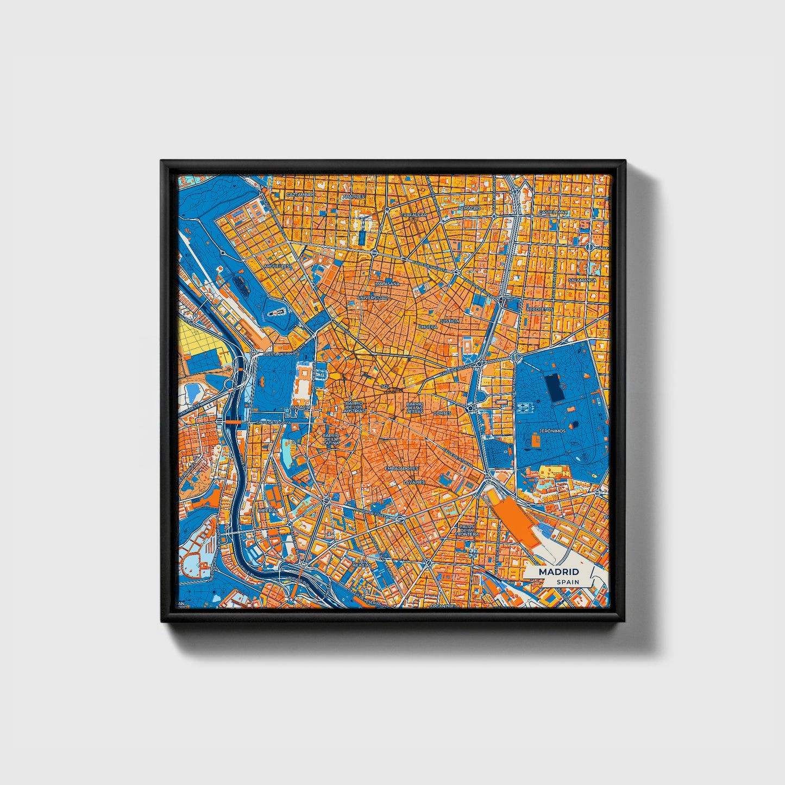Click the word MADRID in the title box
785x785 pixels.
[x=558, y=572]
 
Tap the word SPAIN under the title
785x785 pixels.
[x=567, y=582]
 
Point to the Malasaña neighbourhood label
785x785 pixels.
[x=387, y=284]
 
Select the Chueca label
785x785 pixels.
[x=428, y=327]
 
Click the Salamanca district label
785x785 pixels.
[x=582, y=280]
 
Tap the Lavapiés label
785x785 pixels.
[x=414, y=482]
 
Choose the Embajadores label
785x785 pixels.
[x=401, y=468]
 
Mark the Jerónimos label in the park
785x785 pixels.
[x=552, y=431]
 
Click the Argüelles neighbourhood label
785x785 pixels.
[x=277, y=266]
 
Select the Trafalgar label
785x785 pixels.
[x=414, y=215]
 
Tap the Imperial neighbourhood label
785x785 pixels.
[x=268, y=511]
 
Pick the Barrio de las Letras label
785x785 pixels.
[x=415, y=408]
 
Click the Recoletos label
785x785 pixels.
[x=539, y=309]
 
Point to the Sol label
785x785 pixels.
[x=386, y=386]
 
